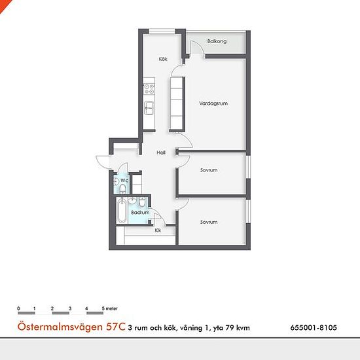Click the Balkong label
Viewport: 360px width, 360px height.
(x=217, y=41)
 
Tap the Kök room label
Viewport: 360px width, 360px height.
(x=163, y=59)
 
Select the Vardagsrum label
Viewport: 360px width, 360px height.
(x=213, y=103)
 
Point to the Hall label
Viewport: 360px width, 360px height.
(x=161, y=153)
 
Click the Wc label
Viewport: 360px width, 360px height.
(x=124, y=181)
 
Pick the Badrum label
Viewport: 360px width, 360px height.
(x=140, y=213)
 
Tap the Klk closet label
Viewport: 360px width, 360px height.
(x=158, y=230)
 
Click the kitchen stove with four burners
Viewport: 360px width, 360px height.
(x=149, y=89)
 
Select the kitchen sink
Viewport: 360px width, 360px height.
(x=149, y=108)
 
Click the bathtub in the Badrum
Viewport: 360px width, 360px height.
(x=122, y=211)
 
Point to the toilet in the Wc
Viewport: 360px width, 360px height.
(x=123, y=189)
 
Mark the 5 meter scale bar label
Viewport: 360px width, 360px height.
(x=110, y=308)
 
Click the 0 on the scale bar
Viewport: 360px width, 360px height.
(x=18, y=308)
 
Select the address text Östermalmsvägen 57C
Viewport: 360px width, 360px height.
(x=71, y=327)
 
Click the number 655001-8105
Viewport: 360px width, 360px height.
(x=314, y=327)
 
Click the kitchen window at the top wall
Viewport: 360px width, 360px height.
(x=162, y=31)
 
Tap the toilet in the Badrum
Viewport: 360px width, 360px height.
(x=142, y=202)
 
